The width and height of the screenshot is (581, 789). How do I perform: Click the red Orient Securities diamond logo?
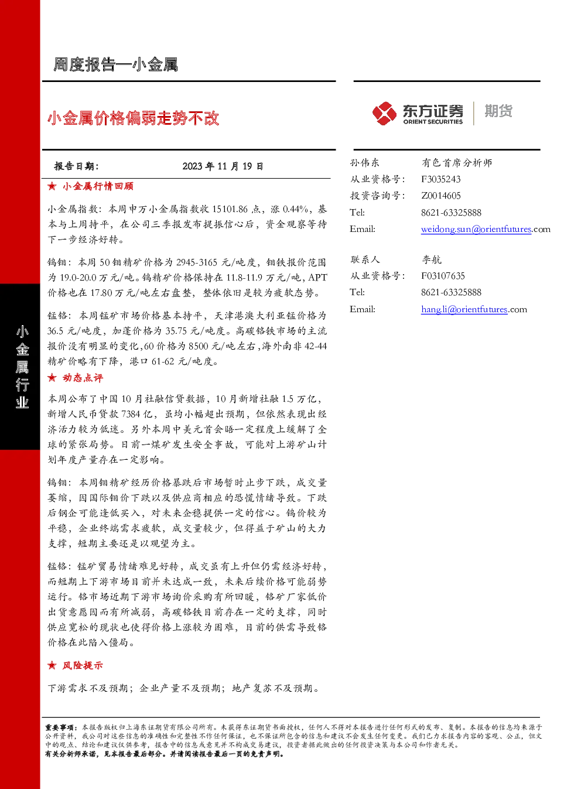coord(385,113)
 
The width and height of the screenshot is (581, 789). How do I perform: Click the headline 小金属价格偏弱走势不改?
coord(133,118)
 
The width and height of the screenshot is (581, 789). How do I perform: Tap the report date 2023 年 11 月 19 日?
coord(223,166)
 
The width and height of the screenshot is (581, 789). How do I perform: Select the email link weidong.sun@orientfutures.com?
coord(486,229)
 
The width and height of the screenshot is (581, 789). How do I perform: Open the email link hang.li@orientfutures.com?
coord(474,309)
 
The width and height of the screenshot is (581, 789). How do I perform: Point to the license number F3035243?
coord(441,179)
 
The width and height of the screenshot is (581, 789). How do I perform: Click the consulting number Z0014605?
coord(441,196)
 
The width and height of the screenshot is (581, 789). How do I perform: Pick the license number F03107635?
coord(443,276)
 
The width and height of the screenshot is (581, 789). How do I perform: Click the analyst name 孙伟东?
coord(364,163)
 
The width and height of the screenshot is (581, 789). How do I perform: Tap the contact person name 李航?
coord(431,259)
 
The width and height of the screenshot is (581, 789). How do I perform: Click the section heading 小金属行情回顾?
coord(98,186)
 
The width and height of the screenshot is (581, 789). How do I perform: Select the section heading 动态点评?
coord(83,378)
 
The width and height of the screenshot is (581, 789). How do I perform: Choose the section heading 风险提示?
coord(83,665)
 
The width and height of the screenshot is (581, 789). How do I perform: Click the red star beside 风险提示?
coord(52,665)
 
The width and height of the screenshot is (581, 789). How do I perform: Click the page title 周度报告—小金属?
coord(115,65)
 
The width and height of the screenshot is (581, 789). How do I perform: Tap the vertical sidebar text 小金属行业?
coord(22,367)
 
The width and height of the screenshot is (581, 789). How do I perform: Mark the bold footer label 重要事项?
coord(60,727)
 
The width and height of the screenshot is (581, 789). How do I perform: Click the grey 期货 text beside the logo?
coord(498,111)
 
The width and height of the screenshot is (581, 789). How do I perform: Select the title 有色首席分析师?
coord(457,163)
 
